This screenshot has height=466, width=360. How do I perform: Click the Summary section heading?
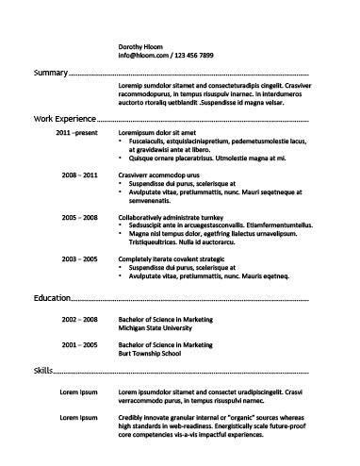tap(51, 73)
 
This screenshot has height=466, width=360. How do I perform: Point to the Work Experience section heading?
tap(64, 120)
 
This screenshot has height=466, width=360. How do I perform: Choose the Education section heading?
tap(52, 298)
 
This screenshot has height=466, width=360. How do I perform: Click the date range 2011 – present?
tap(76, 133)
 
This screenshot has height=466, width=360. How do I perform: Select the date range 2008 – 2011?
tap(79, 175)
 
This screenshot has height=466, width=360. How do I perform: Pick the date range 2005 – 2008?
tap(79, 217)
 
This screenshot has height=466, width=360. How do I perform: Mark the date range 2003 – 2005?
tap(79, 258)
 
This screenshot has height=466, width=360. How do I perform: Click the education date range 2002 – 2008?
tap(79, 321)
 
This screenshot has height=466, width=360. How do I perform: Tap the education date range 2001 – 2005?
tap(79, 345)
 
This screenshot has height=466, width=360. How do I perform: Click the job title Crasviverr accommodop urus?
tap(165, 175)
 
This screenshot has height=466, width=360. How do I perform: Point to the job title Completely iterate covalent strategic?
tap(178, 258)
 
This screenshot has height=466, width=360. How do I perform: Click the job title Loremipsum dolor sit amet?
tap(162, 133)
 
